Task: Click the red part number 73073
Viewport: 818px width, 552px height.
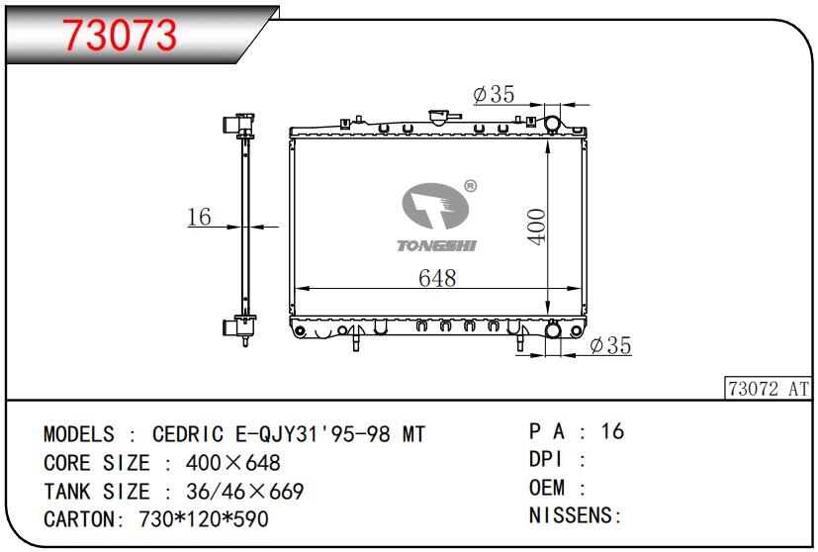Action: coord(120,35)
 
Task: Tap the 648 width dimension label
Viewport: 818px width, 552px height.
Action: coord(437,278)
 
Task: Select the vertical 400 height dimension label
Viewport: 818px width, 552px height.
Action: coord(536,227)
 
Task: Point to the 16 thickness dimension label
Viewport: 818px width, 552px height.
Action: coord(199,217)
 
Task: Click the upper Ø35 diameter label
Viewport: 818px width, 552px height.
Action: coord(494,94)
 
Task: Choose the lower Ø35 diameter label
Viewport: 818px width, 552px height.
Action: coord(610,345)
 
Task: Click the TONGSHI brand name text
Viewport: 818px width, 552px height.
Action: coord(436,245)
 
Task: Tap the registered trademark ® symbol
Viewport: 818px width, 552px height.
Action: coord(470,186)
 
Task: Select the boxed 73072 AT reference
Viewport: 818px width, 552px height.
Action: coord(768,389)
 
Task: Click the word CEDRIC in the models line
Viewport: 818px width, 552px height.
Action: coord(188,434)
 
